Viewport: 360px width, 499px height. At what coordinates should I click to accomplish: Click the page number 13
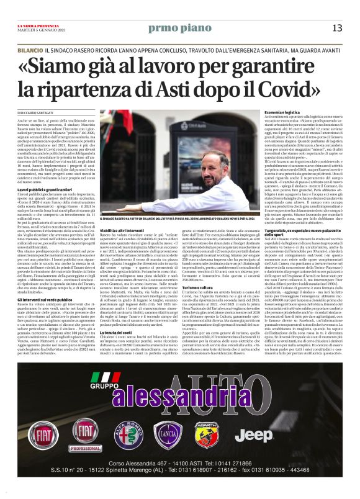pos(337,27)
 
